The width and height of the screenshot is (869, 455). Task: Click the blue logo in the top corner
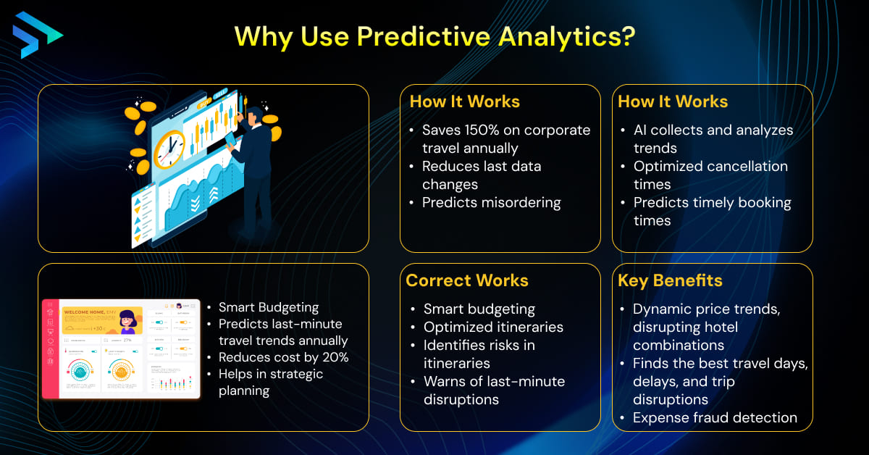tap(37, 34)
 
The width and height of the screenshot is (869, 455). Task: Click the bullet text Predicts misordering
tap(491, 203)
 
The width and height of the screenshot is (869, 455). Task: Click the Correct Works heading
tap(467, 280)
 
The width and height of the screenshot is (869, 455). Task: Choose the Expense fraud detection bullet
tap(714, 418)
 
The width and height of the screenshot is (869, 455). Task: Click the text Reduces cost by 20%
tap(283, 356)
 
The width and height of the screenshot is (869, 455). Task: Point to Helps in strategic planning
tap(271, 382)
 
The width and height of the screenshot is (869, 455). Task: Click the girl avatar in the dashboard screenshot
tap(129, 321)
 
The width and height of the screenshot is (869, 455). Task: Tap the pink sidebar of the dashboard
tap(50, 348)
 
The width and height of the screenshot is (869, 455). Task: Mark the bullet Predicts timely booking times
tap(711, 212)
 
